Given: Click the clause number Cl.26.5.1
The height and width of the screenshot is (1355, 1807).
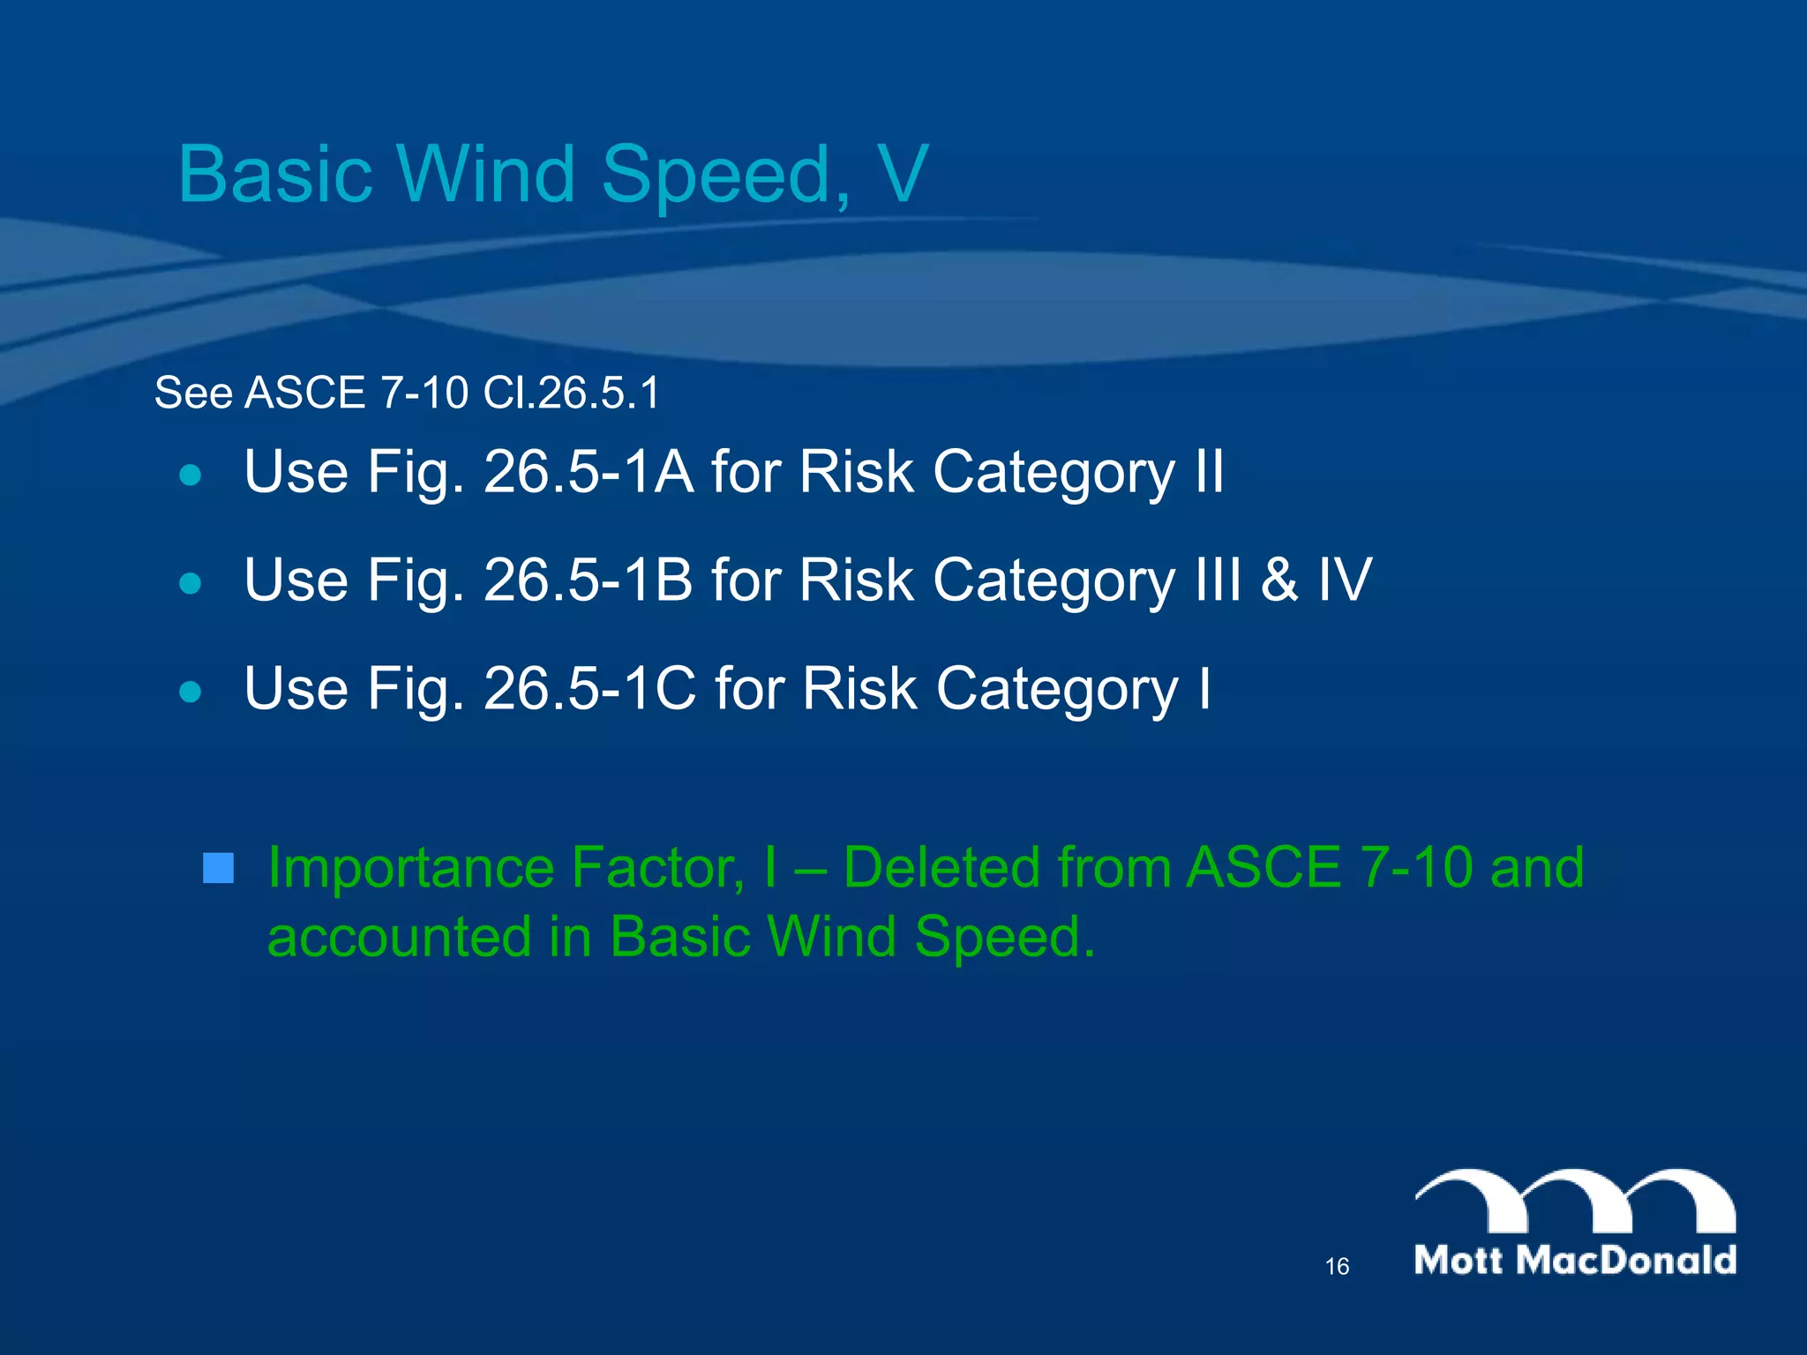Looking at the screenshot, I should pos(571,393).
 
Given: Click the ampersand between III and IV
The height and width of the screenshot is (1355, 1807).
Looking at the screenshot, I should pos(1279,580).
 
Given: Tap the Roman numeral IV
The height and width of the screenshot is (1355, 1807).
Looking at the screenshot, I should pos(1345,580).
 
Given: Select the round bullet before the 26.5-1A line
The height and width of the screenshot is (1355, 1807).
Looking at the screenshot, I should pos(190,475).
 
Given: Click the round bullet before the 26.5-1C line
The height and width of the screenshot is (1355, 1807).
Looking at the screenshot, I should pos(190,692).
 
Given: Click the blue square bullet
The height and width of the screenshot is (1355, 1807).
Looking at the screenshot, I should pos(218,868).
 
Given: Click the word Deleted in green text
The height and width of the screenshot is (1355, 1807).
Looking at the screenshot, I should pos(941,868).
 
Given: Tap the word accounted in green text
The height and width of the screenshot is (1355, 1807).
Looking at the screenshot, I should pos(399,937).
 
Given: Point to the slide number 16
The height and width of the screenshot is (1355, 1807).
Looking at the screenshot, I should pos(1337,1267).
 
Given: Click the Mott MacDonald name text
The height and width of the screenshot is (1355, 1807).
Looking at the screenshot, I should pos(1575,1260).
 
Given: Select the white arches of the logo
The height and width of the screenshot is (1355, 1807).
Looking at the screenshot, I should pos(1575,1200).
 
